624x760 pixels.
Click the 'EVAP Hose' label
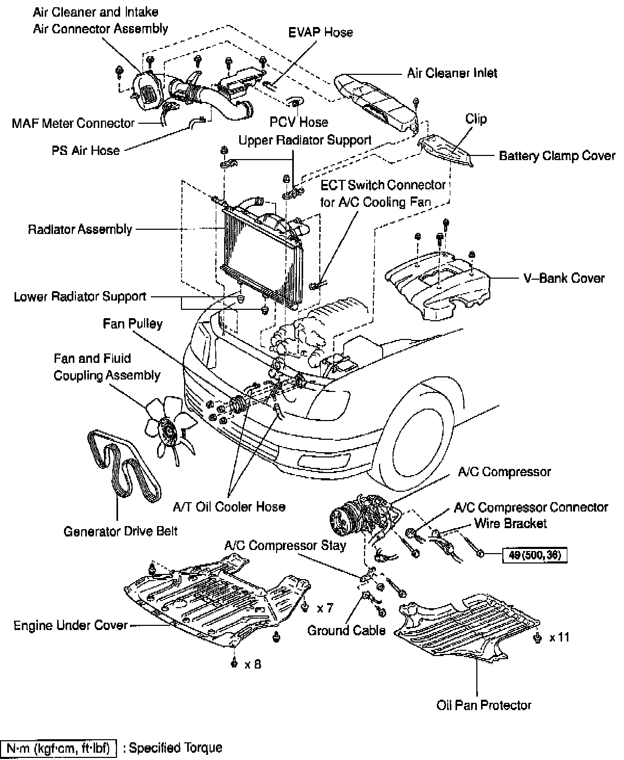(320, 32)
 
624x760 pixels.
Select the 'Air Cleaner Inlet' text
(452, 73)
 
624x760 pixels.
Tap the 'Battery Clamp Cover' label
(557, 156)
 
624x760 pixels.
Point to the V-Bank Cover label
(564, 278)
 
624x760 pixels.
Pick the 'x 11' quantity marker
(560, 637)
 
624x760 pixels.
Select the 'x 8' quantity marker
(252, 664)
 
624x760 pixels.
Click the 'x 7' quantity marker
(325, 608)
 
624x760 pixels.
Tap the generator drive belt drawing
(125, 465)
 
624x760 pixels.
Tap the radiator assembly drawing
(260, 250)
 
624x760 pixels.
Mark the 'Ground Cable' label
(346, 631)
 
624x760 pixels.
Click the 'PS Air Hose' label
(85, 150)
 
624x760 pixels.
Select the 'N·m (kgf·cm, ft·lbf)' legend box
(61, 748)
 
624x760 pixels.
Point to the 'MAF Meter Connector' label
(73, 123)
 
